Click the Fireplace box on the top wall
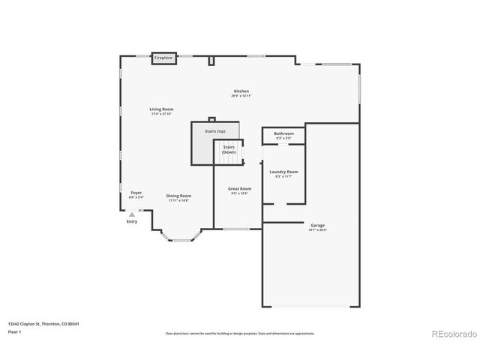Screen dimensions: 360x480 click(x=163, y=58)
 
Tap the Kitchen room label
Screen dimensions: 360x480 click(x=241, y=91)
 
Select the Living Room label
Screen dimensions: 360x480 click(x=161, y=109)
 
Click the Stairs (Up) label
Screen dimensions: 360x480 click(x=215, y=131)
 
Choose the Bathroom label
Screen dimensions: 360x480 click(x=284, y=133)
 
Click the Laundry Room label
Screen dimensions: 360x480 click(x=284, y=172)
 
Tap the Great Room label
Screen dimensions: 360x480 click(x=240, y=189)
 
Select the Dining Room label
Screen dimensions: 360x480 click(x=178, y=196)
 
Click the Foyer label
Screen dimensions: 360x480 click(x=136, y=193)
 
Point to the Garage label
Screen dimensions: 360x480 click(x=317, y=225)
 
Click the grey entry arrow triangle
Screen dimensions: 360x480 click(x=132, y=214)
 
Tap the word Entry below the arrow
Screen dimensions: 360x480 click(x=132, y=221)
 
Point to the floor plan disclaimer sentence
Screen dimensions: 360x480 click(x=239, y=333)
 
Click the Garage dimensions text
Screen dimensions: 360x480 click(x=317, y=229)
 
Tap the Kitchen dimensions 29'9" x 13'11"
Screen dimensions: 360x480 click(x=241, y=96)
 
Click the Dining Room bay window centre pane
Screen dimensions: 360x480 click(x=181, y=241)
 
